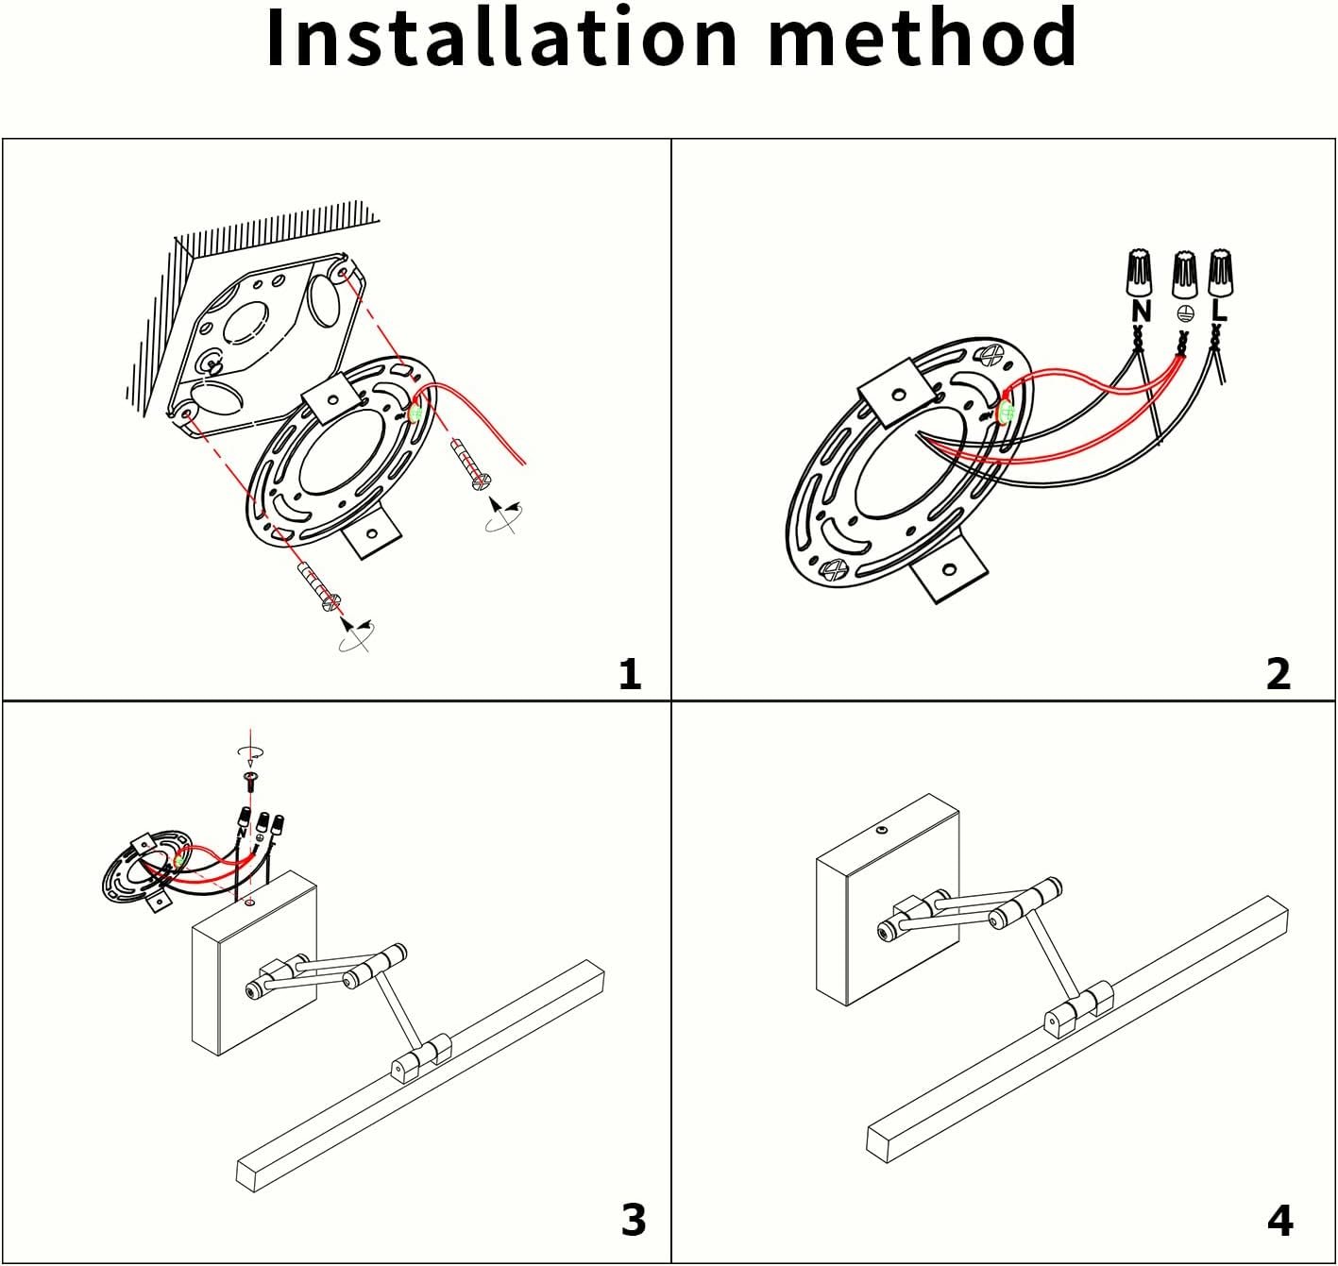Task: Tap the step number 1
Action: pyautogui.click(x=630, y=674)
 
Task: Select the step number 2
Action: pyautogui.click(x=1278, y=674)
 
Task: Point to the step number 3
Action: pyautogui.click(x=634, y=1220)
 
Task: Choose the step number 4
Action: pyautogui.click(x=1279, y=1221)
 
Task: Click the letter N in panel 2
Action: pyautogui.click(x=1141, y=311)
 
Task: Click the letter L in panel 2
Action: pyautogui.click(x=1219, y=310)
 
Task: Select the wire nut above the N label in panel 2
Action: pyautogui.click(x=1141, y=273)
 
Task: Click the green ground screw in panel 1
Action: pyautogui.click(x=415, y=412)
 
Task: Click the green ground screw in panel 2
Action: pyautogui.click(x=1005, y=412)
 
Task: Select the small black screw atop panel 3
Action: pyautogui.click(x=251, y=779)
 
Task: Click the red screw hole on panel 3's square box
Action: pyautogui.click(x=249, y=903)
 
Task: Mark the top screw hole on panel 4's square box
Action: pyautogui.click(x=880, y=831)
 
